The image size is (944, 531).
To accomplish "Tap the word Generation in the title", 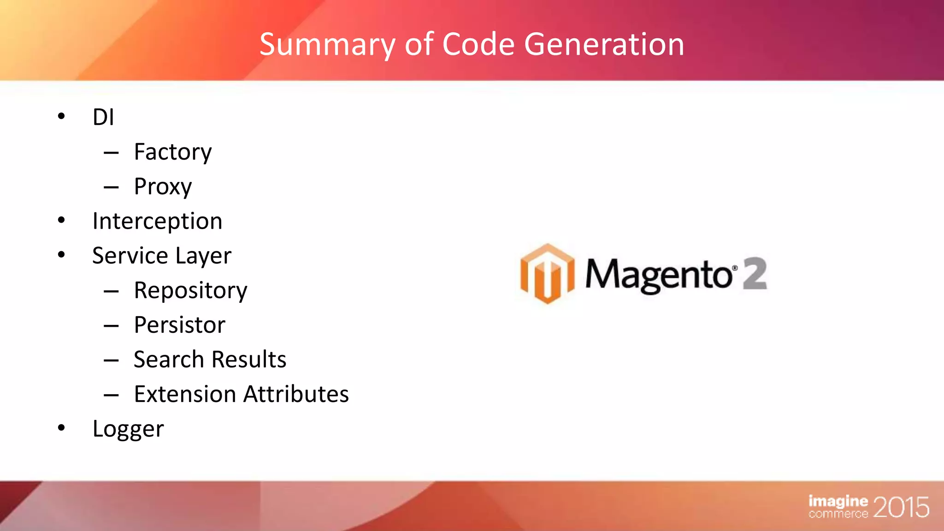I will [x=604, y=45].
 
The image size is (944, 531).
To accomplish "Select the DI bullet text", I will [x=103, y=117].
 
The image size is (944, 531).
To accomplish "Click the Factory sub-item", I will [x=173, y=152].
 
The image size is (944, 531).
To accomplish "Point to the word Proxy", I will [x=163, y=187].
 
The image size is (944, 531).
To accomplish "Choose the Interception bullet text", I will [x=157, y=221].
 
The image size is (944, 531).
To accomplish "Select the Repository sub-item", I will [x=190, y=291].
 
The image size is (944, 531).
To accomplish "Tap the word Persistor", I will [x=179, y=325].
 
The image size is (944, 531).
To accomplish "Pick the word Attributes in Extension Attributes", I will [x=296, y=395].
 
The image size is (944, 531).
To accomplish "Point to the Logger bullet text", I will [x=128, y=429].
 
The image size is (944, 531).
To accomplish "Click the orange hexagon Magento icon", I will [x=547, y=274].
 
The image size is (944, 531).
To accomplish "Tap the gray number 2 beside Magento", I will [x=755, y=274].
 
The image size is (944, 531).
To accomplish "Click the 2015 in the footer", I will [x=901, y=507].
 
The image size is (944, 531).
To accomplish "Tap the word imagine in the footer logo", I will [x=838, y=501].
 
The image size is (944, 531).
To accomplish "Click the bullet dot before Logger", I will [x=61, y=428].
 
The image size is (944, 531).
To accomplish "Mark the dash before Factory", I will [x=111, y=153].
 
